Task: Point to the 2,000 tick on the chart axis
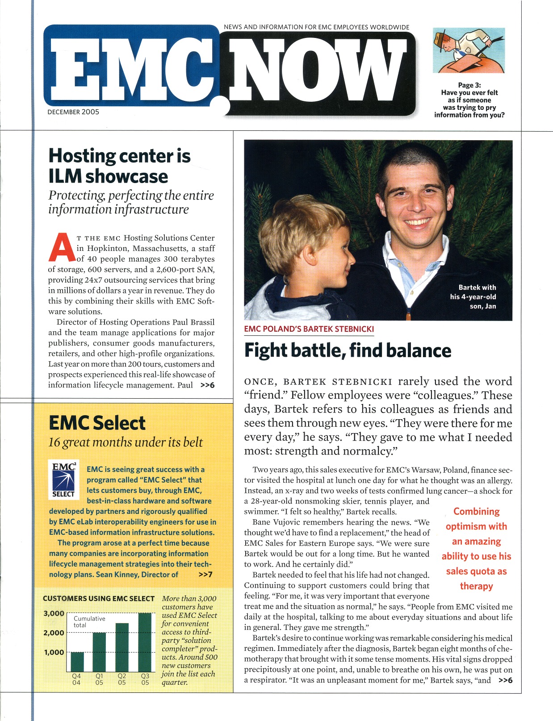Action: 53,633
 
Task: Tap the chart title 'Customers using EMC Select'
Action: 99,598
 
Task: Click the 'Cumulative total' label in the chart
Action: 89,621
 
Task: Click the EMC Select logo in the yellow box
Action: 63,479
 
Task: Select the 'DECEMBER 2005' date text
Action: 73,112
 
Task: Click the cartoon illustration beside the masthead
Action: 469,50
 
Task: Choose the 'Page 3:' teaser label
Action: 469,85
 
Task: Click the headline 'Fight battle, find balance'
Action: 348,350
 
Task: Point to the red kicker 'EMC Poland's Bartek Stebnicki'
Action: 309,329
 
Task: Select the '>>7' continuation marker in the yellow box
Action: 205,575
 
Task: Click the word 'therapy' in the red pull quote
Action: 476,586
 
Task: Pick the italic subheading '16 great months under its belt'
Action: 126,442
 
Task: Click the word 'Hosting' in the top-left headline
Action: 82,156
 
